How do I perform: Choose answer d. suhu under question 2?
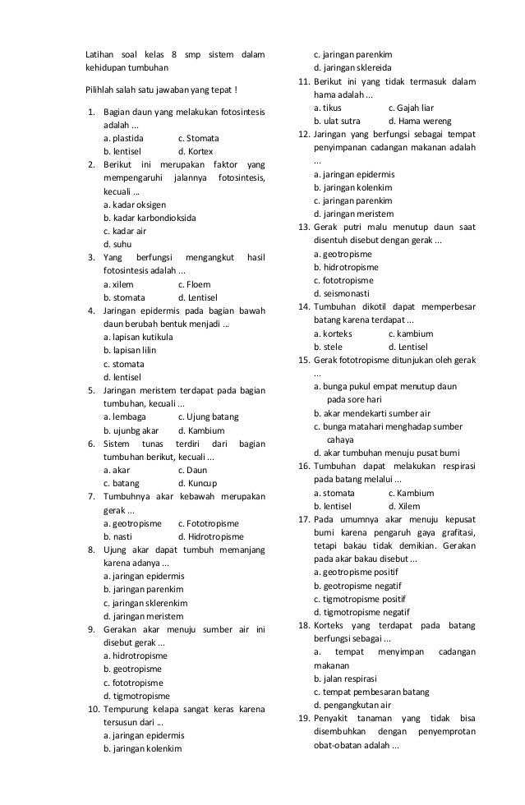click(118, 244)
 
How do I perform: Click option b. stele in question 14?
click(330, 347)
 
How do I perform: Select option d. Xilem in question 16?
click(407, 506)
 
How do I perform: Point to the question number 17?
click(303, 519)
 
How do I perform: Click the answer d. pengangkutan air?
click(352, 705)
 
